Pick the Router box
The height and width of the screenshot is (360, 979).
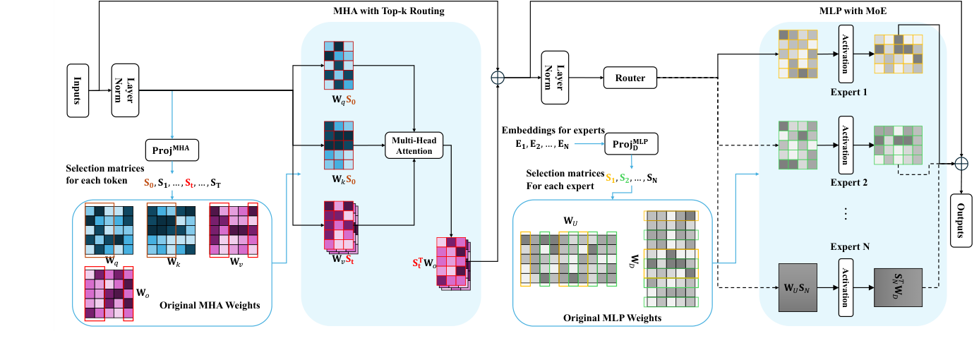630,78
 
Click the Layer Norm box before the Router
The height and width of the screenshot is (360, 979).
555,77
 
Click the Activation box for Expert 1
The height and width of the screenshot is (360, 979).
846,54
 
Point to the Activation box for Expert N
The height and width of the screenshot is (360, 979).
846,287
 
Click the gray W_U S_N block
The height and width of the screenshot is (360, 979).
797,287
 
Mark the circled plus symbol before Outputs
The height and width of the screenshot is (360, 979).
961,163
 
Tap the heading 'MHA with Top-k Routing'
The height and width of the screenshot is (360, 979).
392,12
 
